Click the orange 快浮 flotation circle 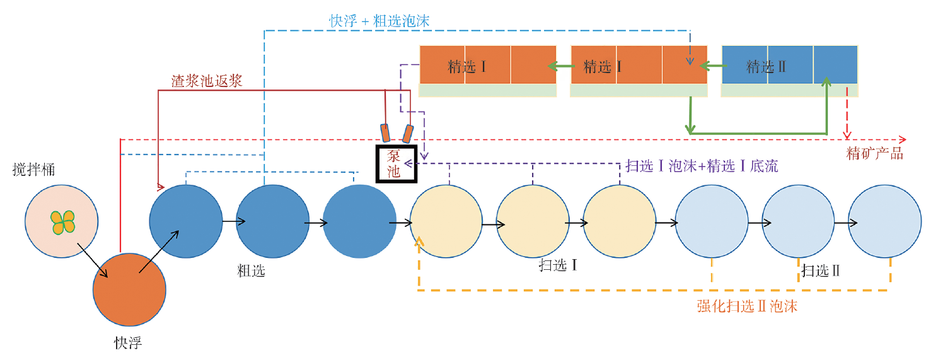[129, 289]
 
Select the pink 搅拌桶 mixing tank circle [61, 221]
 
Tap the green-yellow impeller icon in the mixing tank [62, 221]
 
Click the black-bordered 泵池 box [395, 164]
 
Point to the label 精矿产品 [874, 153]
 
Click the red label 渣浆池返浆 [207, 81]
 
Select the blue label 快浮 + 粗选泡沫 [379, 21]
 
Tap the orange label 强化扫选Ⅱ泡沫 [747, 306]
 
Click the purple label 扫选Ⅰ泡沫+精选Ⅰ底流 [702, 166]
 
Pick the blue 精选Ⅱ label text [766, 67]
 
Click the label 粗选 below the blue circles [251, 271]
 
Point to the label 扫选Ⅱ [821, 271]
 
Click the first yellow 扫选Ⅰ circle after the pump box [446, 222]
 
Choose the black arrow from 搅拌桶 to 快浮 [92, 262]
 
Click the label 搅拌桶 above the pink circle [33, 170]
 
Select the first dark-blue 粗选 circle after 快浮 [185, 222]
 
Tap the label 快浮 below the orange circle [128, 342]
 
